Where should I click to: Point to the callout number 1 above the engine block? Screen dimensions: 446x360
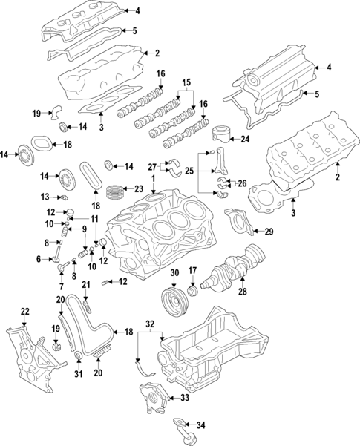pos(154,180)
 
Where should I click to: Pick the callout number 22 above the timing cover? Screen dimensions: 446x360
pos(24,311)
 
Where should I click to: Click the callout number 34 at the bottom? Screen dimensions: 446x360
pos(200,426)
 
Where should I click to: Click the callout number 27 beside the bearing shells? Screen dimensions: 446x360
pos(151,167)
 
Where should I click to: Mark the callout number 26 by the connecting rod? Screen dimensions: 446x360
pos(241,183)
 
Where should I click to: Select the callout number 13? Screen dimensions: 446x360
pos(45,197)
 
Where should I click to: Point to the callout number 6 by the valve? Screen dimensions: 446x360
pos(38,259)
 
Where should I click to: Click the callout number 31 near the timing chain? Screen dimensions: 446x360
pos(78,373)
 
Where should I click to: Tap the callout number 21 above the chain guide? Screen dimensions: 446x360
pos(86,284)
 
